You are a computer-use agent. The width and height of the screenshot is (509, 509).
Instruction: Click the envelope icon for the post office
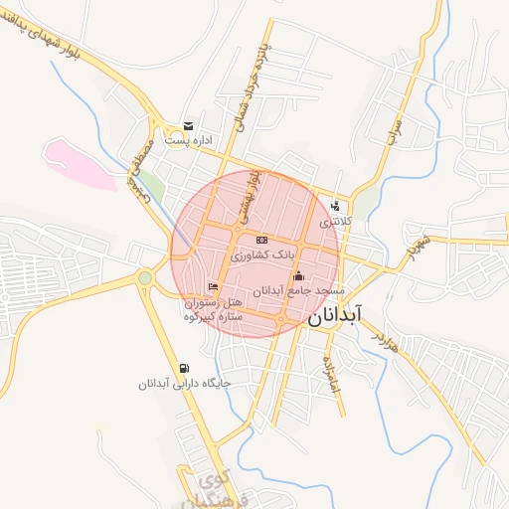188,126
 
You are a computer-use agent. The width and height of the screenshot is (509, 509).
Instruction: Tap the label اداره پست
189,141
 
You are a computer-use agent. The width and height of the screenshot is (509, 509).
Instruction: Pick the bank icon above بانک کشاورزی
261,241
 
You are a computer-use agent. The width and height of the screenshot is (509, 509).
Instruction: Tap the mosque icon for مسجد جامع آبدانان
298,275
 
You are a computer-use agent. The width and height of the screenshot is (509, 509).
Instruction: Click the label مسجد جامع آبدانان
299,290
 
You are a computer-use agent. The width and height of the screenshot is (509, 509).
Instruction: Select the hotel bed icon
213,288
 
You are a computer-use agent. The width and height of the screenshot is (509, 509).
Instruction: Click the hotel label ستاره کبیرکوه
213,316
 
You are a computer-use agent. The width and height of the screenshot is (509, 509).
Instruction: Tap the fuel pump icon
184,367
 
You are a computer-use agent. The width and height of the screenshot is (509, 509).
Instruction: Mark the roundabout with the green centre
146,277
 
